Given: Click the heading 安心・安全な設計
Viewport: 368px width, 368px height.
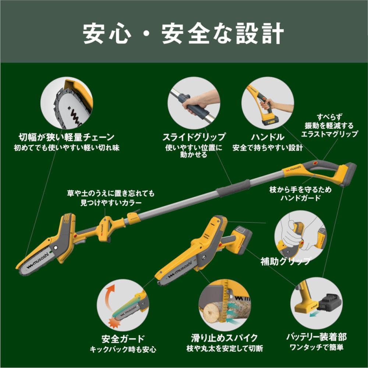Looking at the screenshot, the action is pyautogui.click(x=183, y=33).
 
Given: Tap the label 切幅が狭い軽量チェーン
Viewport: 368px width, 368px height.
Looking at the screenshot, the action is pyautogui.click(x=66, y=137).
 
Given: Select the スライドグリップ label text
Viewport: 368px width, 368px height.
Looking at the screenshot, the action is pyautogui.click(x=194, y=137).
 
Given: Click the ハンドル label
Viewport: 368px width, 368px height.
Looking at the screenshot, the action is pyautogui.click(x=267, y=137).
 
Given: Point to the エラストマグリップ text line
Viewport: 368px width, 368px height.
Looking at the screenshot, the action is pyautogui.click(x=329, y=134).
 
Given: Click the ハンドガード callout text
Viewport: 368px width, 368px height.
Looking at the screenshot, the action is pyautogui.click(x=300, y=198).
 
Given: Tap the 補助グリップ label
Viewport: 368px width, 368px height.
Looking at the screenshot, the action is pyautogui.click(x=286, y=261).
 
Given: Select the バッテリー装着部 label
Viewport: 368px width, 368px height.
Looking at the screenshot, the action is pyautogui.click(x=316, y=337).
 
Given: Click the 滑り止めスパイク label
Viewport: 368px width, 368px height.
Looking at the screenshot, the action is pyautogui.click(x=224, y=338).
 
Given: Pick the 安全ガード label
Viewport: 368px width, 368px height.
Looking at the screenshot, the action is pyautogui.click(x=123, y=339).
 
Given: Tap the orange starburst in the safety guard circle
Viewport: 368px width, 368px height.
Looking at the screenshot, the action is pyautogui.click(x=114, y=322).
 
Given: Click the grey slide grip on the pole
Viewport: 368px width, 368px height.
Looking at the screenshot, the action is pyautogui.click(x=233, y=188).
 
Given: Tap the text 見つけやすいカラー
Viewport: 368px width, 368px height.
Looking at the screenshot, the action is pyautogui.click(x=111, y=203).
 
